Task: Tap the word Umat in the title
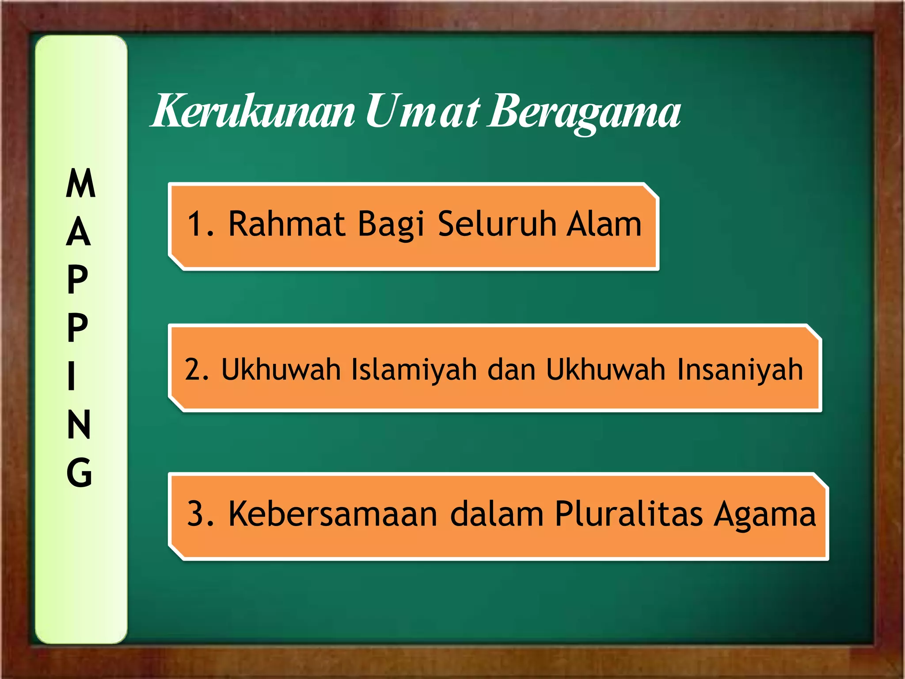[422, 111]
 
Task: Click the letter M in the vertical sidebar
[80, 183]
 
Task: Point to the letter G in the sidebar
[80, 473]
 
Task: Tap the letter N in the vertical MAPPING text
[79, 424]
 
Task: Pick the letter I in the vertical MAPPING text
[72, 376]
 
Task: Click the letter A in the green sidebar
[79, 232]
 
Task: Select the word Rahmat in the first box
[286, 224]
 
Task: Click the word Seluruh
[497, 224]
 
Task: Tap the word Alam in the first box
[604, 224]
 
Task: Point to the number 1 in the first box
[195, 224]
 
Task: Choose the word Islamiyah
[414, 370]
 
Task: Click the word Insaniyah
[740, 370]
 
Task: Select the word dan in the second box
[511, 370]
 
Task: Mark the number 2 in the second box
[193, 370]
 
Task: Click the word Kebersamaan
[332, 514]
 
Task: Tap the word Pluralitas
[629, 514]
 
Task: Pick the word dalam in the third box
[497, 514]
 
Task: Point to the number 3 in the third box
[195, 514]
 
